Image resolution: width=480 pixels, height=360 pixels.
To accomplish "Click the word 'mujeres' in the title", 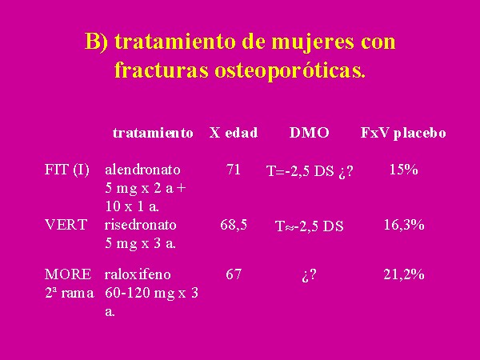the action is click(313, 42).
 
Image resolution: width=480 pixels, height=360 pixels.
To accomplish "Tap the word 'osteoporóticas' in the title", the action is click(290, 70).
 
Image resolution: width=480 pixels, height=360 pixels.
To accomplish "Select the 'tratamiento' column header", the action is click(153, 133).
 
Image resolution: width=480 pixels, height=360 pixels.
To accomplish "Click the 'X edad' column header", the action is click(234, 133).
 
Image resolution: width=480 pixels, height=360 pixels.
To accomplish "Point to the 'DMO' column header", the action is click(309, 133).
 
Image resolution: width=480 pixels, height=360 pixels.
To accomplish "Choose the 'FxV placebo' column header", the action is click(403, 133).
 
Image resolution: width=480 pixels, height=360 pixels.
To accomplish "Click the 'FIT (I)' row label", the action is click(66, 170).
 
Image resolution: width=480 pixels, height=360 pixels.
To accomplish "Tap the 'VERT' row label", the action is click(66, 225).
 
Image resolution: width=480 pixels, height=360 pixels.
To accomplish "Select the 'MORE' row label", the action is click(68, 274).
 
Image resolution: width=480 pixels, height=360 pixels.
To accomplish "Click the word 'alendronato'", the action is click(142, 170).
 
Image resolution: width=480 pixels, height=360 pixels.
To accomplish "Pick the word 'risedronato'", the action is click(141, 225).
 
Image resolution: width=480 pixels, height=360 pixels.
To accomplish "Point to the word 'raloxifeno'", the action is click(138, 274).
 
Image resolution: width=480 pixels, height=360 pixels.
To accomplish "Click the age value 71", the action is click(234, 170).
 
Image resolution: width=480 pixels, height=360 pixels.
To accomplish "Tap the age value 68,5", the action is click(234, 226).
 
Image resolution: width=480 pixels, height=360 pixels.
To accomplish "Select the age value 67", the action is click(234, 274).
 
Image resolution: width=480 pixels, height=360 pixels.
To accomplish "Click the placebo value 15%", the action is click(404, 170).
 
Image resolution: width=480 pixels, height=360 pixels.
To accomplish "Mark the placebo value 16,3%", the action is click(404, 226).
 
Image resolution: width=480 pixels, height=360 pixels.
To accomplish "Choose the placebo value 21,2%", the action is click(404, 274).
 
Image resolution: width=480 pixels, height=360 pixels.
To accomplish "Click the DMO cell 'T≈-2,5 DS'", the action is click(310, 226).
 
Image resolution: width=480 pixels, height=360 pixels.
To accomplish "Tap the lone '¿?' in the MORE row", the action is click(309, 275).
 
